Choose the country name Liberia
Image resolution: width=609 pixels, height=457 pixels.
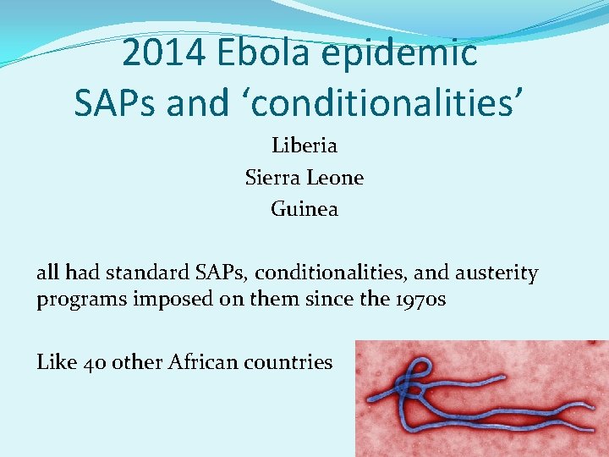pyautogui.click(x=304, y=146)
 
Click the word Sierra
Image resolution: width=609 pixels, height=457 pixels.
pyautogui.click(x=272, y=178)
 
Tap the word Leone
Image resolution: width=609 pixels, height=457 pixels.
pyautogui.click(x=335, y=178)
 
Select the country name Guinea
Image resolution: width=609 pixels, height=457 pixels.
pyautogui.click(x=304, y=208)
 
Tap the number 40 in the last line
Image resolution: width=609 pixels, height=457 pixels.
pyautogui.click(x=93, y=362)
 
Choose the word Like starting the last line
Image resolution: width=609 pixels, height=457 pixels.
pyautogui.click(x=56, y=362)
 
